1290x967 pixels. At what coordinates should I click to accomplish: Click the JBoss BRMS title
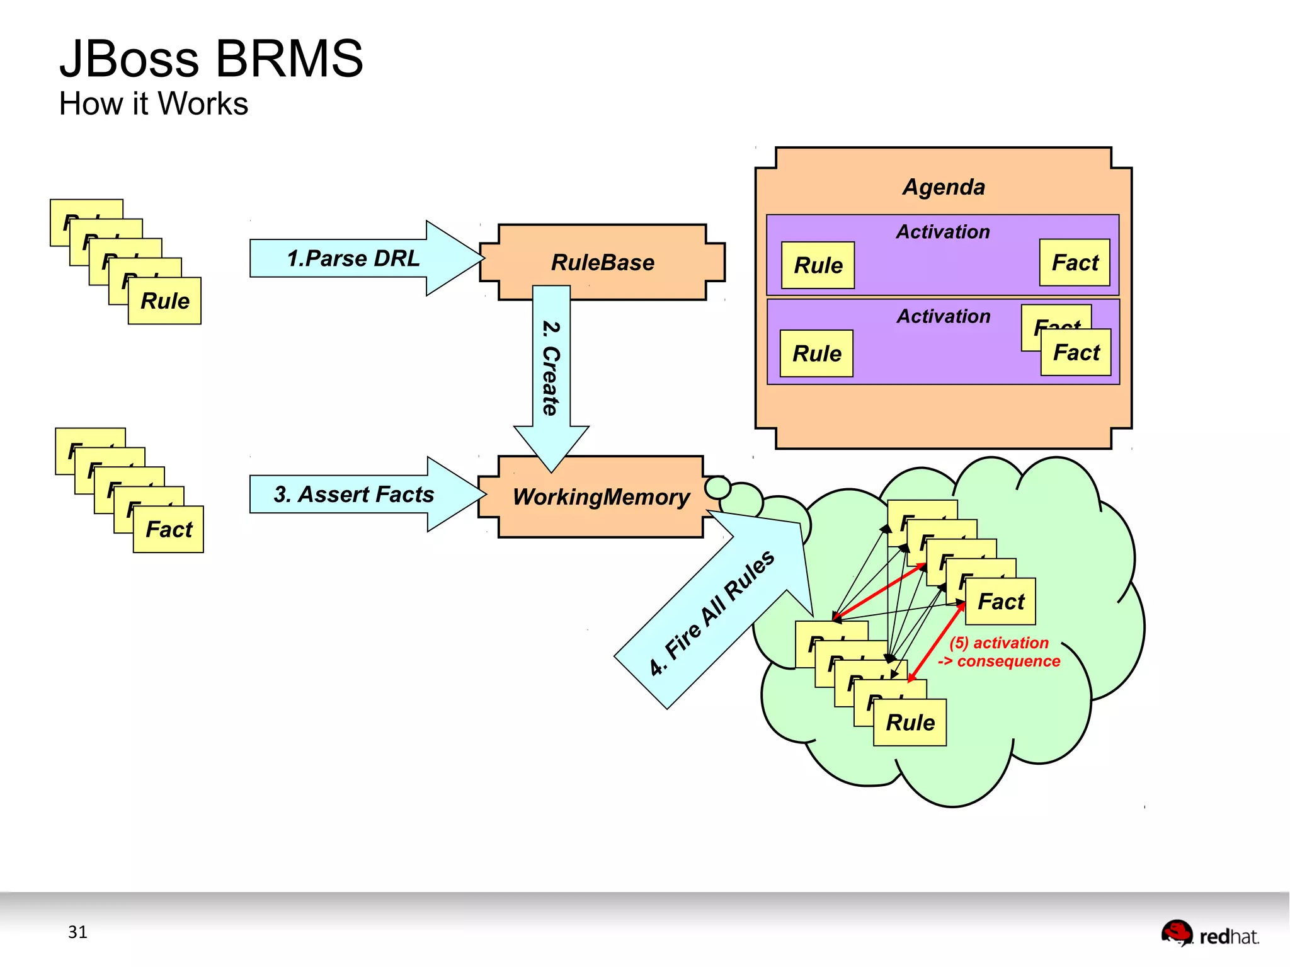(211, 59)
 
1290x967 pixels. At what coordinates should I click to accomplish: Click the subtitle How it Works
(153, 103)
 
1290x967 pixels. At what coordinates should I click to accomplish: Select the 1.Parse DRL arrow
(353, 258)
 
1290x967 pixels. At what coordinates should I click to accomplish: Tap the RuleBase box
(602, 262)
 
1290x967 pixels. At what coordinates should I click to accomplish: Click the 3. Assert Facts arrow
(353, 495)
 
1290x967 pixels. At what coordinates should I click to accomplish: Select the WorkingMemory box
(601, 497)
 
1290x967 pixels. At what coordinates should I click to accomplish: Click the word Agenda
(943, 187)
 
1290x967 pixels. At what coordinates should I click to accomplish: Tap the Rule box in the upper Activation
(818, 265)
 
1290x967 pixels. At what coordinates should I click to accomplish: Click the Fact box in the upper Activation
(1075, 263)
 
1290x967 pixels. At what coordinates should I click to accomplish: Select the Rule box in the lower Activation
(816, 353)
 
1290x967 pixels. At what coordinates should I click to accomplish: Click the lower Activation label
(943, 316)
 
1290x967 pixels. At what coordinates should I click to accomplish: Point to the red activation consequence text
(999, 652)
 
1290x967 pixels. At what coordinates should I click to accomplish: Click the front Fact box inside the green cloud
(1000, 602)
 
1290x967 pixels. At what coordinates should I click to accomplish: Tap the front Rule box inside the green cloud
(910, 723)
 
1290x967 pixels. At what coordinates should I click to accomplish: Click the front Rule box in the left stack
(164, 301)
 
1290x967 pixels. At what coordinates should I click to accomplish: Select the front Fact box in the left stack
(168, 530)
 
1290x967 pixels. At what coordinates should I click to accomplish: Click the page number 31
(77, 932)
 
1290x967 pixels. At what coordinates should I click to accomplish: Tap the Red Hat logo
(1209, 934)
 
